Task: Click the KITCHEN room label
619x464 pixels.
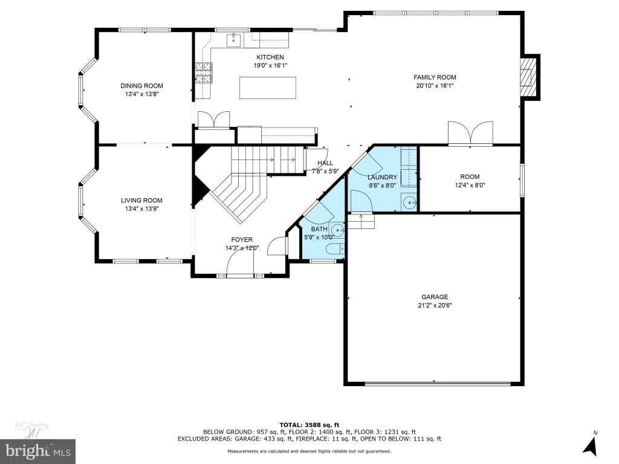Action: click(270, 57)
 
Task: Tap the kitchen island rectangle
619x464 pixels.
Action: click(268, 88)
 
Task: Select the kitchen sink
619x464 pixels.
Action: click(234, 40)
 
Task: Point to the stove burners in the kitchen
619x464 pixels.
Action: click(204, 73)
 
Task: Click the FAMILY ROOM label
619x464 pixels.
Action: click(435, 77)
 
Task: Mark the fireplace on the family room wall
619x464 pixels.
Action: click(529, 77)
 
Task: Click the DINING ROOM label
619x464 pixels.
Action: click(141, 86)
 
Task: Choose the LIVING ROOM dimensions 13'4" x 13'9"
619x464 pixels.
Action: click(141, 208)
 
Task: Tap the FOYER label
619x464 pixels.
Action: click(242, 239)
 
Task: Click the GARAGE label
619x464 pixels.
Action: click(435, 297)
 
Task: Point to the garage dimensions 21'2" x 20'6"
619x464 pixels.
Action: click(435, 305)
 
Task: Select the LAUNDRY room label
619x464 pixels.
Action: click(382, 177)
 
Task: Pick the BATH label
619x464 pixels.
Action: click(319, 229)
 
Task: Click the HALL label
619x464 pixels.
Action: click(325, 163)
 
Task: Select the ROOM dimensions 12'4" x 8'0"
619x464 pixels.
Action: click(470, 185)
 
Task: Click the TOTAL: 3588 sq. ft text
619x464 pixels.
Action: click(309, 425)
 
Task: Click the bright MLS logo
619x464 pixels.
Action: click(37, 451)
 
